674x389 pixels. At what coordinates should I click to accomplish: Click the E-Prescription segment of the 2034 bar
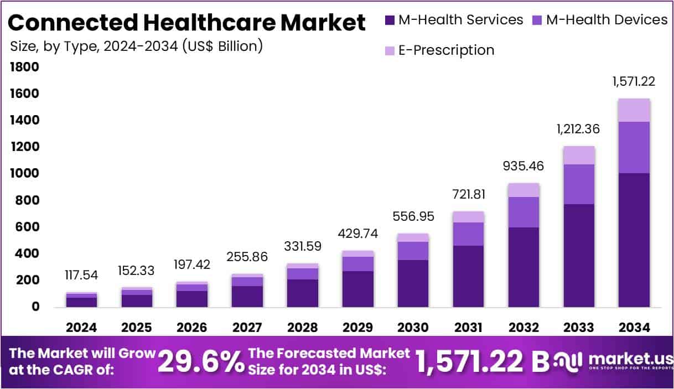[634, 110]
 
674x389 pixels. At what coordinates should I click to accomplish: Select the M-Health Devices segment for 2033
[579, 184]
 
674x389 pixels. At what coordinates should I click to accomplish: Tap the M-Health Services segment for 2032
[523, 267]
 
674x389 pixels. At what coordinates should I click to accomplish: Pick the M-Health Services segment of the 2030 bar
[413, 283]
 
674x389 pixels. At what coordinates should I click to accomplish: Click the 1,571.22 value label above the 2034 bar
[634, 81]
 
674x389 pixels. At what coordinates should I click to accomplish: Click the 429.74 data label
[357, 234]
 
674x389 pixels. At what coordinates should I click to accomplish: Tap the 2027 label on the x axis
[247, 327]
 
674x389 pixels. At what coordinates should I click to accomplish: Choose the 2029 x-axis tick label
[357, 327]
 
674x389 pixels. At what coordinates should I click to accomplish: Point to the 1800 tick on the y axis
[24, 68]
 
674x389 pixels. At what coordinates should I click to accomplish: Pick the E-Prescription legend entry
[446, 50]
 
